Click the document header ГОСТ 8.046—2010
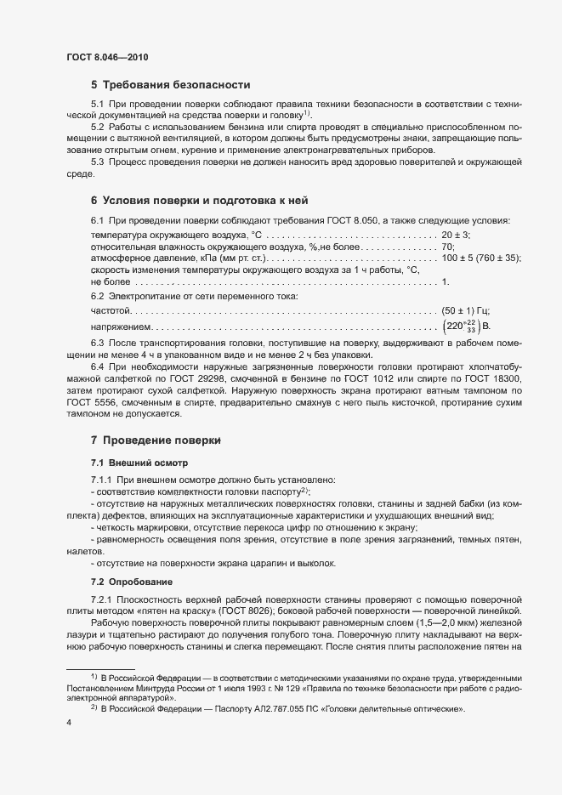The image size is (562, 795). [111, 57]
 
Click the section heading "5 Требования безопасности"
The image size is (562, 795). [170, 85]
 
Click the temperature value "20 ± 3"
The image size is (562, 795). [457, 235]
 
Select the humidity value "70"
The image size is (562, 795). [448, 247]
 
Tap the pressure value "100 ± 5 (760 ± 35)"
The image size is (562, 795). [481, 258]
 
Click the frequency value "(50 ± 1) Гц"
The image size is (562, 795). [466, 311]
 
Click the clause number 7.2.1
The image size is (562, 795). [101, 602]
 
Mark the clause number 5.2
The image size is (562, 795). [98, 127]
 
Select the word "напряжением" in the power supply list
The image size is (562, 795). [121, 327]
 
